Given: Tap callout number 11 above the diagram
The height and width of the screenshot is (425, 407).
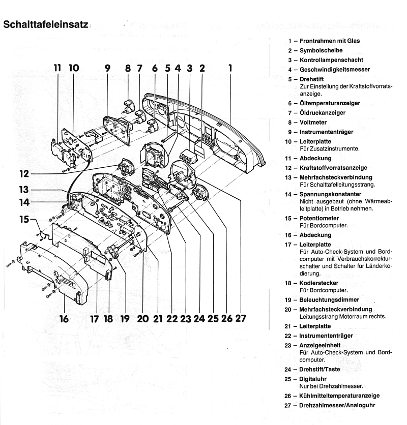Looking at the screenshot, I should point(56,67).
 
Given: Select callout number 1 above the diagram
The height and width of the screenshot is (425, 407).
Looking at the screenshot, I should point(230,67).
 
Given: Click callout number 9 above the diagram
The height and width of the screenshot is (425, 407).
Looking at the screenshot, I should point(107,67).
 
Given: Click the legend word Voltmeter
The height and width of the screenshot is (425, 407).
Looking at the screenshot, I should point(313,123).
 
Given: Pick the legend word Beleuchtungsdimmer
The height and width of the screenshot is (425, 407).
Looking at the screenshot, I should point(330,300).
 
